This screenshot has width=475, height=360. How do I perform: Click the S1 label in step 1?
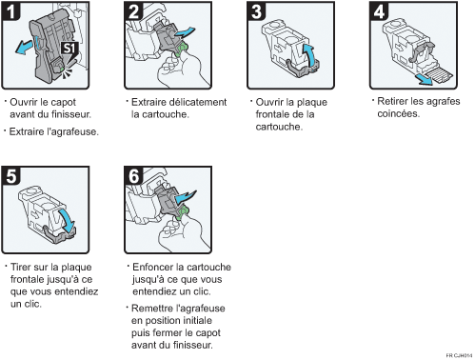click(69, 47)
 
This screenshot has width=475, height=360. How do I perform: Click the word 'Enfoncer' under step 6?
click(153, 268)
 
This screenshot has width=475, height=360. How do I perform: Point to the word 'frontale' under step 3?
click(272, 114)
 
